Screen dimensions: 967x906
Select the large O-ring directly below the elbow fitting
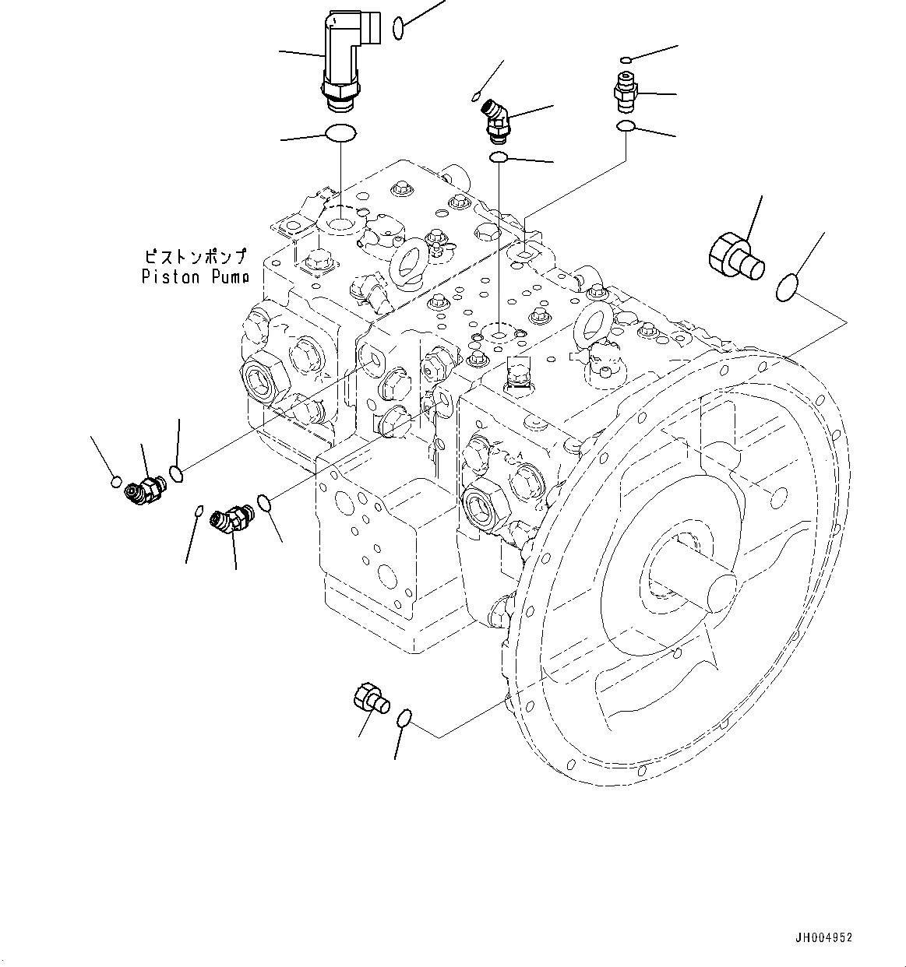340,133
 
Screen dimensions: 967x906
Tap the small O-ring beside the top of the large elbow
398,28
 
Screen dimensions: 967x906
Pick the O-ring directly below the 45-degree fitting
499,158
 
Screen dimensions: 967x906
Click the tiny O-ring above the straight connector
626,59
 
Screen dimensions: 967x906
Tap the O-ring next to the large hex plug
787,288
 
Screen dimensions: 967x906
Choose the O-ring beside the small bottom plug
404,719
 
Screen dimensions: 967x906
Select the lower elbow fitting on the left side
231,519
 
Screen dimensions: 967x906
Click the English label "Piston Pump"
195,276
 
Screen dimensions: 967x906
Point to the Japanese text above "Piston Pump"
195,255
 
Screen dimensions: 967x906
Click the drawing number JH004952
824,937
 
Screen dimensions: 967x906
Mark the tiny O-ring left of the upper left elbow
116,480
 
